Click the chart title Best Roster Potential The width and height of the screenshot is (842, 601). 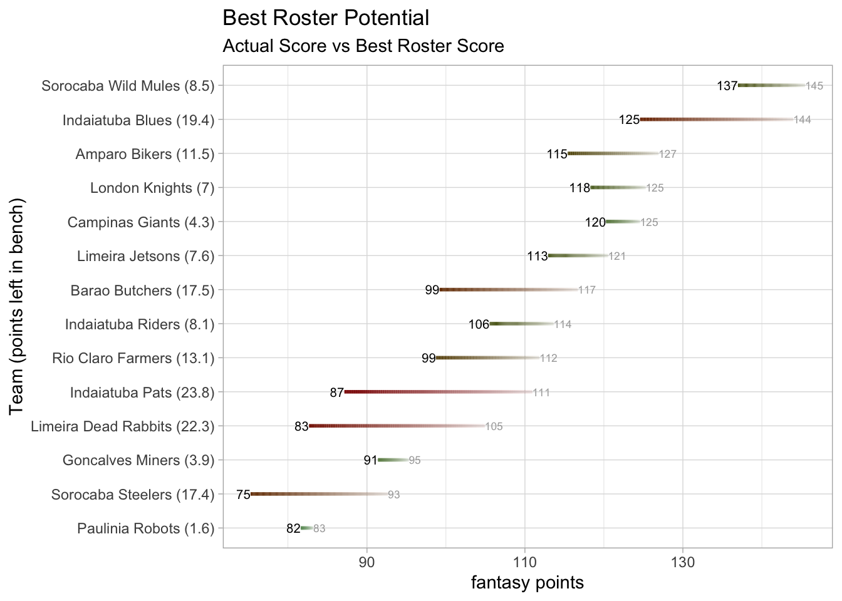[x=326, y=18]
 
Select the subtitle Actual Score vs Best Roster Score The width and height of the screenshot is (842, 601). [x=363, y=46]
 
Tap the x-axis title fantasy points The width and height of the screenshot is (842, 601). [x=527, y=583]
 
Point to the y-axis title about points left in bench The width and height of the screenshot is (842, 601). [x=17, y=306]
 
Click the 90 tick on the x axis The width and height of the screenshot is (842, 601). [x=366, y=563]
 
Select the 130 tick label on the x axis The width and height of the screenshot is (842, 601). [x=682, y=563]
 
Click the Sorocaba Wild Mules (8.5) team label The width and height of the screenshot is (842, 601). [x=128, y=86]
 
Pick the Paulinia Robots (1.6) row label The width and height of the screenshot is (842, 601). [x=145, y=529]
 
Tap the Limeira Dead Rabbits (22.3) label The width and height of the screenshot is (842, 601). [x=122, y=427]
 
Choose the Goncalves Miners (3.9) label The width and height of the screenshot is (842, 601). [x=138, y=461]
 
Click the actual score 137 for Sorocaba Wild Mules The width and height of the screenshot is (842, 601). [x=727, y=86]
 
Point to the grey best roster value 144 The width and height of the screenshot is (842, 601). [x=803, y=120]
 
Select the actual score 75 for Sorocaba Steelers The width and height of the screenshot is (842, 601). [x=243, y=495]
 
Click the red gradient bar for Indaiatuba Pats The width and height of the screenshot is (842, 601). [x=439, y=393]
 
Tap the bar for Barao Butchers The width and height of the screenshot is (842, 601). [x=508, y=290]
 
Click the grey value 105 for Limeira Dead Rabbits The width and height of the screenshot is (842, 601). [x=494, y=427]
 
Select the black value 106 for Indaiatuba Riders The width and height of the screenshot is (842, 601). [x=479, y=324]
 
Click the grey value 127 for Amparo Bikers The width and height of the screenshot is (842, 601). [x=668, y=154]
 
